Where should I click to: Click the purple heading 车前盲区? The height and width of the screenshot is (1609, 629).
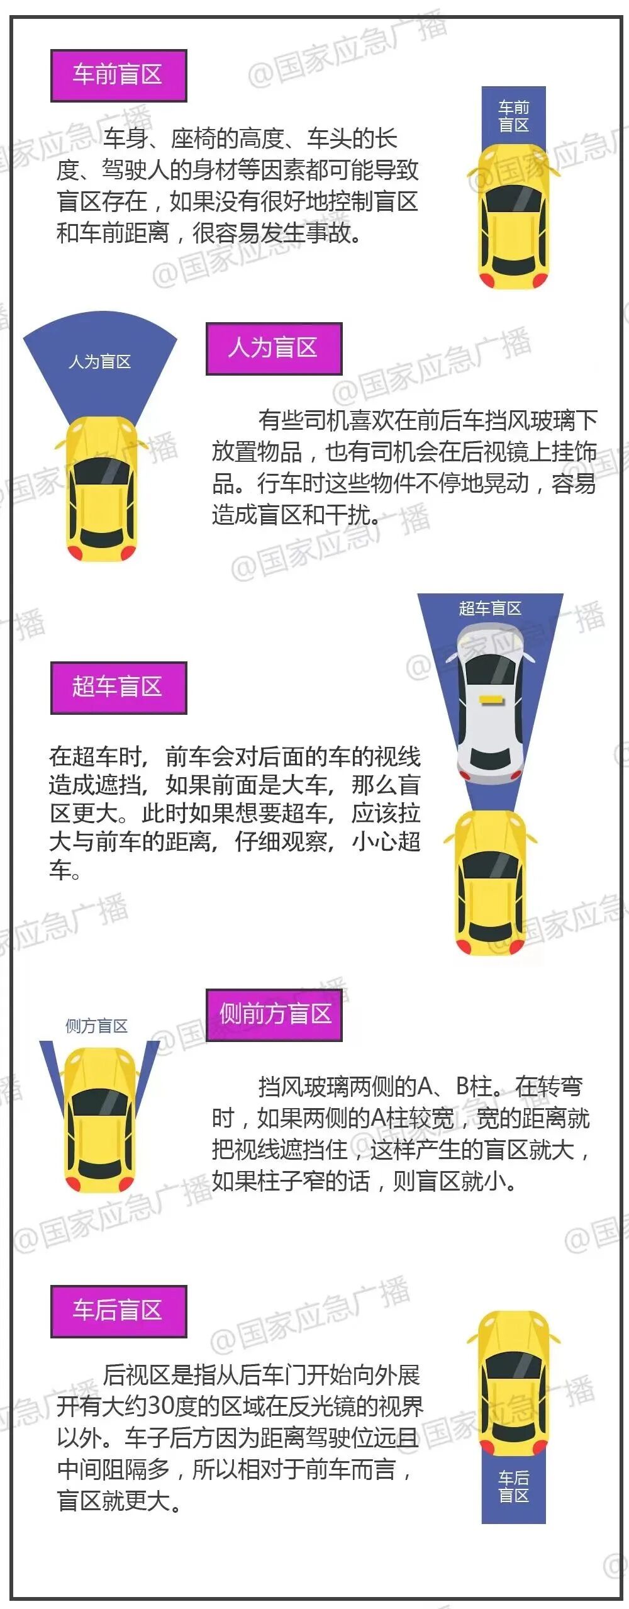[x=118, y=76]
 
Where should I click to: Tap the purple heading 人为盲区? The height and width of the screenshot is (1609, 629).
[x=274, y=349]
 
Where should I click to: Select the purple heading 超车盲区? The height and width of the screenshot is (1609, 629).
[x=118, y=687]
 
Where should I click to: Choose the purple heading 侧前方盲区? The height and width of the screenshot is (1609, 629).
[x=274, y=1014]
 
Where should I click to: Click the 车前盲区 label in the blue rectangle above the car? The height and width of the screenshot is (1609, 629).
[x=513, y=116]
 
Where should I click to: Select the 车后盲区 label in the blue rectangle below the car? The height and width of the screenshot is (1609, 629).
[x=513, y=1486]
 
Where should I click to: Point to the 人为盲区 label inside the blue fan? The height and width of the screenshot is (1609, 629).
[x=99, y=362]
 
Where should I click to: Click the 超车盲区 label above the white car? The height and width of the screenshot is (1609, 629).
[x=490, y=608]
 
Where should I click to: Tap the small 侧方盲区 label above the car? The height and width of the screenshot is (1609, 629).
[x=96, y=1026]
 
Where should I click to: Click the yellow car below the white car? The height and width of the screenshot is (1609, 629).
[x=491, y=881]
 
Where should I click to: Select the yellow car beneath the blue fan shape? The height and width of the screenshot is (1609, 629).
[x=101, y=488]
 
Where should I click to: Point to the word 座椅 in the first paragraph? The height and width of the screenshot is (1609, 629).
[x=193, y=138]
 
